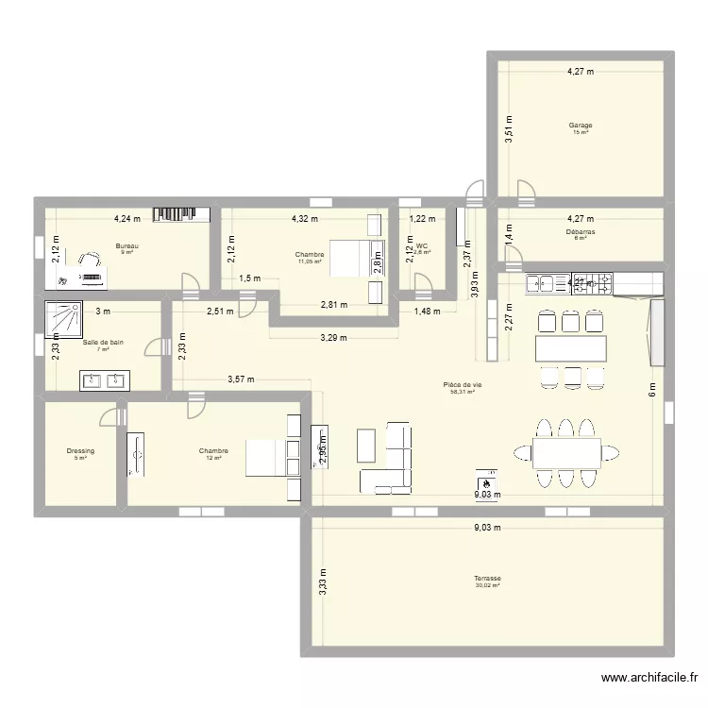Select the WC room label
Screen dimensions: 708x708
coord(420,245)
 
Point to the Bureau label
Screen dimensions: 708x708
coord(126,245)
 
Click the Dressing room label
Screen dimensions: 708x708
coord(80,451)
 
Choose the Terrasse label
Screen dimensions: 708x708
coord(488,578)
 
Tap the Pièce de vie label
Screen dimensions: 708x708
coord(463,384)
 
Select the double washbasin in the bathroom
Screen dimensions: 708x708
coord(105,380)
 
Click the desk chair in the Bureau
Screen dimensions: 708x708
coord(91,260)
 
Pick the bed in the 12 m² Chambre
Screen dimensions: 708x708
coord(266,458)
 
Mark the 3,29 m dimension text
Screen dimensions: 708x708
coord(332,337)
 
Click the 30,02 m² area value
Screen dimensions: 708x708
coord(488,586)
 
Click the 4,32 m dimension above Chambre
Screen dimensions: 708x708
coord(304,218)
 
